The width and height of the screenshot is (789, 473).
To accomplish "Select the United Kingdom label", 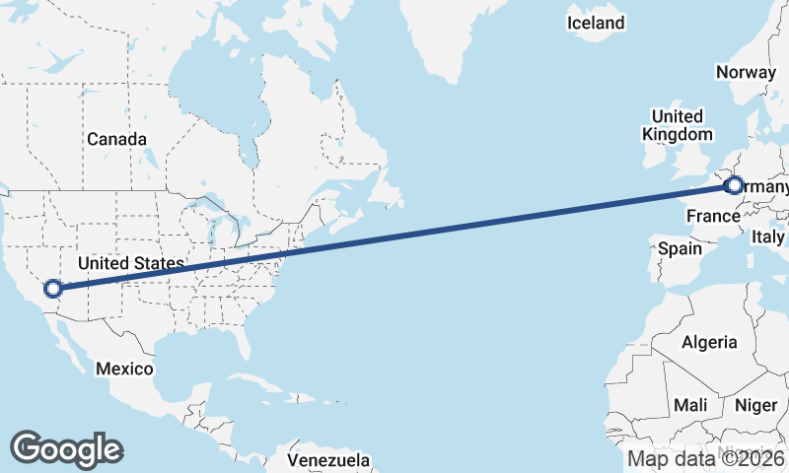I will [677, 125].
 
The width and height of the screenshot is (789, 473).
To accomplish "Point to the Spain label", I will [680, 248].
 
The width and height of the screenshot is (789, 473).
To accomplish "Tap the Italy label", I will [768, 237].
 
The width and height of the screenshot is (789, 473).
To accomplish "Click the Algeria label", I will [709, 342].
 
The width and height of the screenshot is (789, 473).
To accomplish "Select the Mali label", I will [690, 405].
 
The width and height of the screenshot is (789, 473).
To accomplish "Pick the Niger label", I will [756, 405].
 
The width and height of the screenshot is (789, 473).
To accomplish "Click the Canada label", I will [116, 139].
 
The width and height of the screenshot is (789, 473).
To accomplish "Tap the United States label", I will [131, 263].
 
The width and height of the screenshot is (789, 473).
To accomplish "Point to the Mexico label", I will [124, 369].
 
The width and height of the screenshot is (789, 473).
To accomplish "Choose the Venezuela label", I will [328, 460].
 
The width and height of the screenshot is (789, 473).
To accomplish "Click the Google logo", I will [66, 448].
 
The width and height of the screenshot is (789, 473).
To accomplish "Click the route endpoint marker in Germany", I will [734, 184].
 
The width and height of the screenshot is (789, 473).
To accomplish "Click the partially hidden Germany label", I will [765, 187].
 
